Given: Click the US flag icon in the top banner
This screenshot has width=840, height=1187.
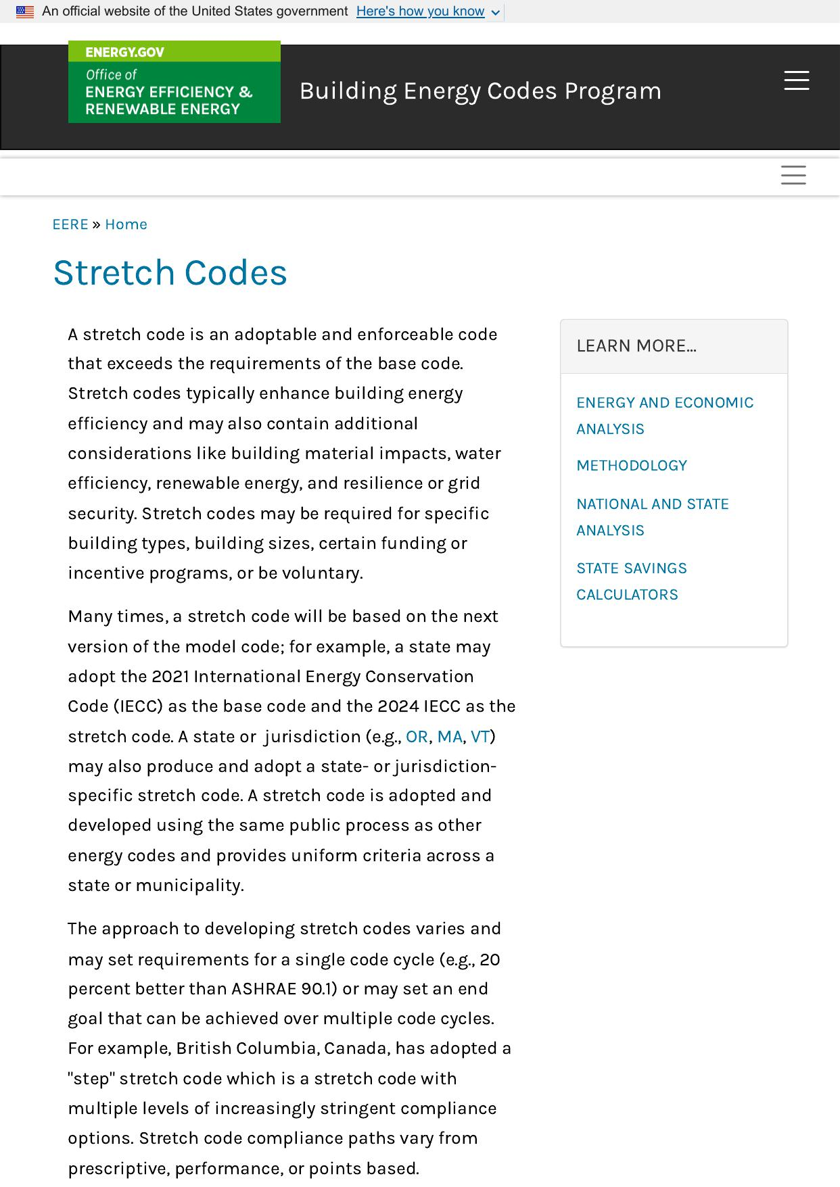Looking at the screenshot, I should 25,12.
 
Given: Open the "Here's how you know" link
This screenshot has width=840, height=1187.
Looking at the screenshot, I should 420,11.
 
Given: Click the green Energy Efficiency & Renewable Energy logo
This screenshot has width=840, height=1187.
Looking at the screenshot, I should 174,82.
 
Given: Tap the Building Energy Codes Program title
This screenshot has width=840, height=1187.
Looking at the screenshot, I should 480,91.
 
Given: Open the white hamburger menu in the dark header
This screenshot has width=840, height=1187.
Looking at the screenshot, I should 796,80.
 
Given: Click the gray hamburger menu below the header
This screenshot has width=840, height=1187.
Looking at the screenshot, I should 793,175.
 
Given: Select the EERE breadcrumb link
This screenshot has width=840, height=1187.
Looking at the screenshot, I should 70,224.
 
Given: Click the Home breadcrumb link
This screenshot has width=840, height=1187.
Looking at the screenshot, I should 126,224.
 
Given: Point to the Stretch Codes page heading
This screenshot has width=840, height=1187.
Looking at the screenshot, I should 170,273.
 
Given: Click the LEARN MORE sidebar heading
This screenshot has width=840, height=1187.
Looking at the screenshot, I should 636,346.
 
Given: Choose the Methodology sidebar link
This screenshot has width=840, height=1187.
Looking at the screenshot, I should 632,466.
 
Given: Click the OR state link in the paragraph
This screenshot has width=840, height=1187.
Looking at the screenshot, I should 417,737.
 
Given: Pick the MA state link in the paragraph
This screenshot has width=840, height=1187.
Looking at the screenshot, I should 450,737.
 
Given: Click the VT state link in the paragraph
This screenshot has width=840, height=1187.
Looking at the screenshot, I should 480,737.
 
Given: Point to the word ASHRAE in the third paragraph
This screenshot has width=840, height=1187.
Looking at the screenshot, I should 263,989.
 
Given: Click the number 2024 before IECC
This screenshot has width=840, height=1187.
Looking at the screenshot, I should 398,706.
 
